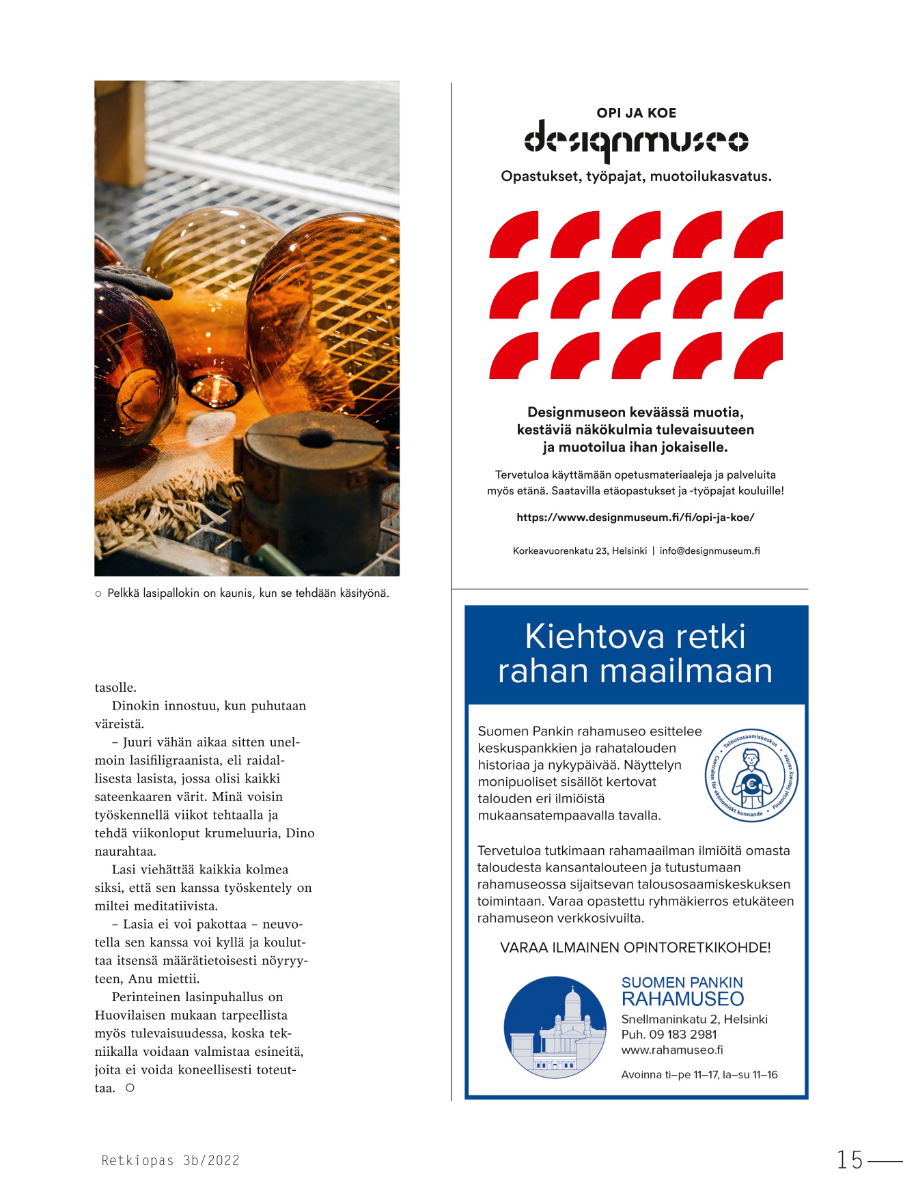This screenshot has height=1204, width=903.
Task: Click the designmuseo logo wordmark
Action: [636, 141]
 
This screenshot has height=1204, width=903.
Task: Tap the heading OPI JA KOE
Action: [636, 113]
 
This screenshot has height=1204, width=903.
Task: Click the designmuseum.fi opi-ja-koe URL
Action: [635, 518]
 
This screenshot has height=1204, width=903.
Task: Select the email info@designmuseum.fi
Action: [710, 551]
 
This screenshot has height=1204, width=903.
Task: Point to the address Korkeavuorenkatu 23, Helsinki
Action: [579, 551]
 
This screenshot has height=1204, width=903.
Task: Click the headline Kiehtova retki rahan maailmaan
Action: [635, 654]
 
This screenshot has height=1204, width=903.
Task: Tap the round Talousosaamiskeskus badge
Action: [751, 775]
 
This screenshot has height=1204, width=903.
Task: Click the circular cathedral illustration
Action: [555, 1027]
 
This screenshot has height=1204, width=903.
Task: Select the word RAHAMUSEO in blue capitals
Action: [682, 999]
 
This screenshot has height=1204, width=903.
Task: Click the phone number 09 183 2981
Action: [682, 1035]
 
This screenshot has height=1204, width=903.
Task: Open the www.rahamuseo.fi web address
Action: [671, 1050]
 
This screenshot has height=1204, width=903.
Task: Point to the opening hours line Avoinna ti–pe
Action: [699, 1075]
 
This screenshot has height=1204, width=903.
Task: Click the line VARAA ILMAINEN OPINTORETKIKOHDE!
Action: [635, 948]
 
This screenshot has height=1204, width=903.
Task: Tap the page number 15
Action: [850, 1160]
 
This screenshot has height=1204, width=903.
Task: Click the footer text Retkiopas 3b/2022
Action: [170, 1160]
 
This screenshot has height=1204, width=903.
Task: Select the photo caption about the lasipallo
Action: [247, 593]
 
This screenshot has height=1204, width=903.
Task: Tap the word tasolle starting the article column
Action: [115, 688]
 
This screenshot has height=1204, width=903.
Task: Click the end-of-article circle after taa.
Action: [130, 1088]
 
